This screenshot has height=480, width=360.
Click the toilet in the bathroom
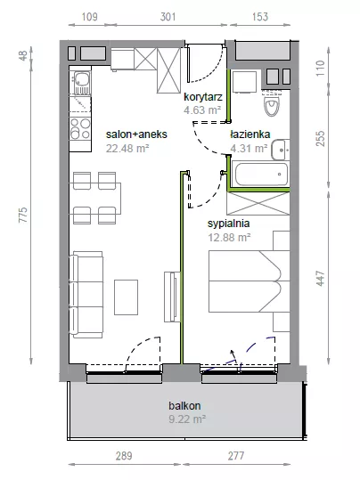pyautogui.click(x=272, y=103)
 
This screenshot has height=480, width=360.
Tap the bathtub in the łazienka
pyautogui.click(x=261, y=174)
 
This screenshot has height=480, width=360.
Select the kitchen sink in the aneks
pyautogui.click(x=80, y=83)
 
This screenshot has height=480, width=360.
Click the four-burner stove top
pyautogui.click(x=80, y=128)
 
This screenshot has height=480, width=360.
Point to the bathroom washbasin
pyautogui.click(x=280, y=150)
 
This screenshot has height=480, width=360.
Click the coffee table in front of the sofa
pyautogui.click(x=126, y=297)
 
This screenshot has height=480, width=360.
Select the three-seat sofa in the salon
pyautogui.click(x=86, y=295)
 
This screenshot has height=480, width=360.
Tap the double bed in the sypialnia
pyautogui.click(x=250, y=281)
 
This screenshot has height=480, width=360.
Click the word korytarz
pyautogui.click(x=203, y=97)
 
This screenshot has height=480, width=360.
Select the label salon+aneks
pyautogui.click(x=136, y=134)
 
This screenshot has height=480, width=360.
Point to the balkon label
pyautogui.click(x=184, y=405)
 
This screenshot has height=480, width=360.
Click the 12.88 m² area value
pyautogui.click(x=230, y=237)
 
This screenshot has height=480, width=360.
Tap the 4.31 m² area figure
pyautogui.click(x=249, y=148)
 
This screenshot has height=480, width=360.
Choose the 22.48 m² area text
pyautogui.click(x=127, y=148)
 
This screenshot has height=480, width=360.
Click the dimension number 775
pyautogui.click(x=23, y=215)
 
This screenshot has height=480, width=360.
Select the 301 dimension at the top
pyautogui.click(x=168, y=17)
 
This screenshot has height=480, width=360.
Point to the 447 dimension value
pyautogui.click(x=320, y=278)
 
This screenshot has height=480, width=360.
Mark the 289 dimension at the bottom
pyautogui.click(x=124, y=456)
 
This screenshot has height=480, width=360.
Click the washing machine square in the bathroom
pyautogui.click(x=244, y=82)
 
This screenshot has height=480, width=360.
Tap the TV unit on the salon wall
pyautogui.click(x=171, y=297)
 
